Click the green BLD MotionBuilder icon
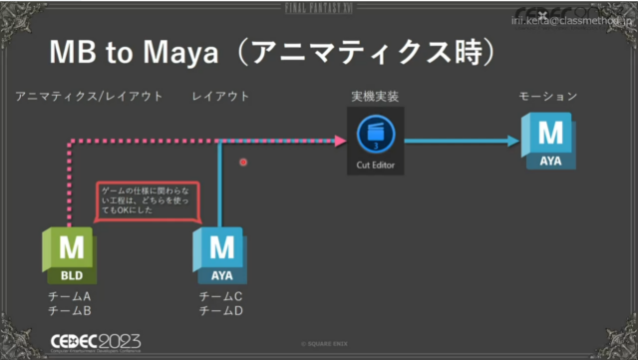tap(70, 256)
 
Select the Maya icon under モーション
tap(548, 141)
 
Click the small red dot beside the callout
tap(243, 161)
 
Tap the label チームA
tap(69, 297)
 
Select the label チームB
tap(69, 312)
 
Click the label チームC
tap(220, 297)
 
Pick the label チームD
tap(220, 312)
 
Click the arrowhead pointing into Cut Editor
tap(340, 140)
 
